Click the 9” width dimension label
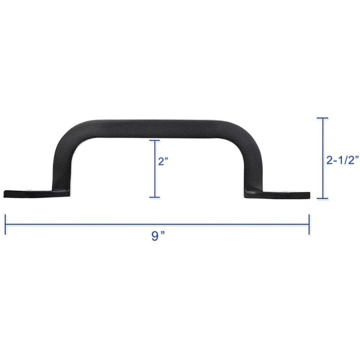click(x=158, y=236)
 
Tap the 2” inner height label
click(x=163, y=161)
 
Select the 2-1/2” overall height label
click(x=342, y=160)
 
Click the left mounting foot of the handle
click(x=37, y=194)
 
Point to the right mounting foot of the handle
click(x=277, y=195)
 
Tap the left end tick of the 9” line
click(x=5, y=224)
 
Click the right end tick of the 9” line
click(x=309, y=224)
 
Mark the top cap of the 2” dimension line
click(x=154, y=140)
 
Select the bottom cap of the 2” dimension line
click(x=154, y=197)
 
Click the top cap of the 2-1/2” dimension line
click(x=323, y=118)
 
